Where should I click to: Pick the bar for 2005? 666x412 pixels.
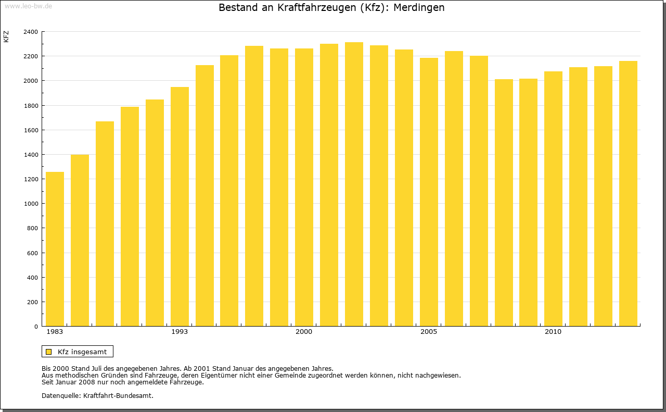(x=429, y=192)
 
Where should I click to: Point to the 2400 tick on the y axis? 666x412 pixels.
(x=31, y=32)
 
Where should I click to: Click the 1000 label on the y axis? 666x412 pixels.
(x=31, y=204)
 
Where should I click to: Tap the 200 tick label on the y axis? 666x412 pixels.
(x=32, y=302)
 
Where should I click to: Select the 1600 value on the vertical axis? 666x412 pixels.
(x=31, y=130)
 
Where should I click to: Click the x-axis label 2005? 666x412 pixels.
(x=429, y=332)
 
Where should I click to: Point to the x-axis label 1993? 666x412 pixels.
(x=180, y=332)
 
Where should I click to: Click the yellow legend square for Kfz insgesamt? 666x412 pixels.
(x=48, y=352)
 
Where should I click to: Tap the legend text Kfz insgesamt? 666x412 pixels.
(x=82, y=352)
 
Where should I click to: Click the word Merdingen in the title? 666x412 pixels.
(x=419, y=8)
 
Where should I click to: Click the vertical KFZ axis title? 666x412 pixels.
(x=6, y=37)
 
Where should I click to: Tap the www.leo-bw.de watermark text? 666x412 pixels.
(x=28, y=5)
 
